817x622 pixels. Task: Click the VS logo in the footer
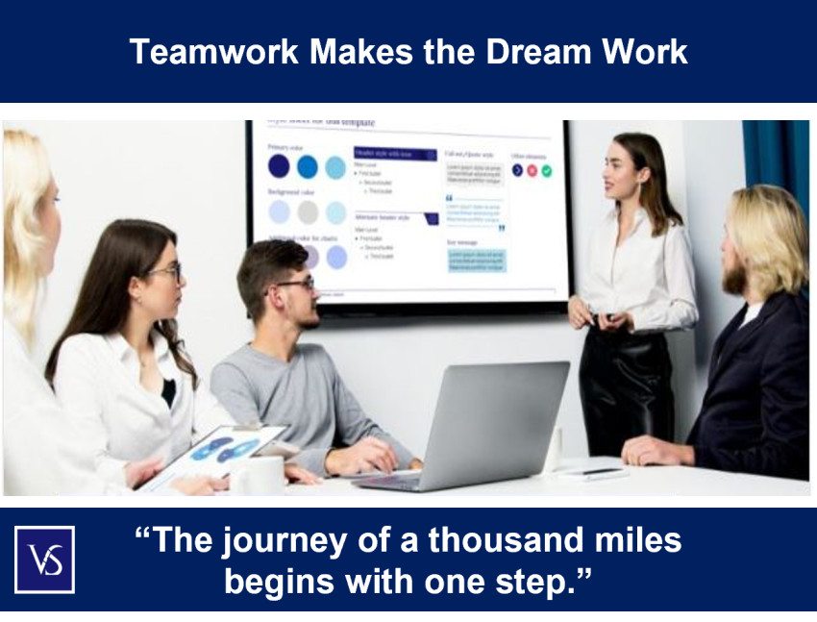pos(44,560)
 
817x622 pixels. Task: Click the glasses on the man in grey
pos(296,284)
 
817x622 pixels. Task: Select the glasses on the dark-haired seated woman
pos(167,270)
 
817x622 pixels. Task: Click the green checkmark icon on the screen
pos(547,171)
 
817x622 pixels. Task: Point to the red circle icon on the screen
pos(532,171)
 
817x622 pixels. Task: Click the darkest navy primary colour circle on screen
pos(279,166)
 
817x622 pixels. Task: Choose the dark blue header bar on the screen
pos(396,154)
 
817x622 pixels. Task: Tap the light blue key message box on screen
pos(475,261)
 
